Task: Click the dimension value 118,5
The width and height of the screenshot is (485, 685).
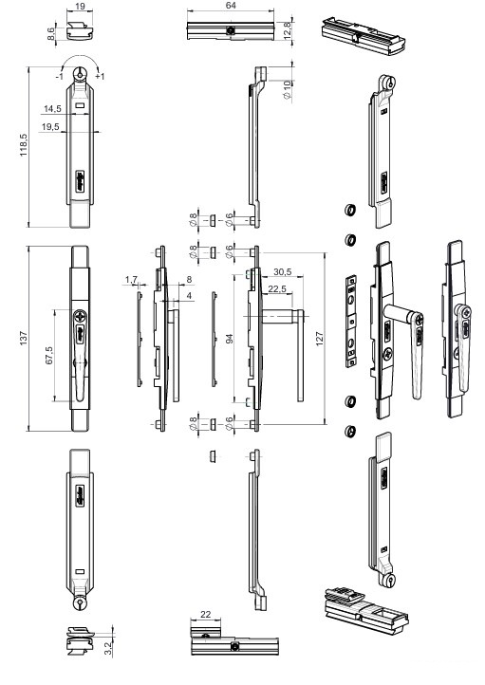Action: pyautogui.click(x=24, y=145)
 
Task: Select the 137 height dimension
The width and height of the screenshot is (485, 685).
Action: pyautogui.click(x=24, y=338)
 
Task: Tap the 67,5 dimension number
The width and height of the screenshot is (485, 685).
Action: pyautogui.click(x=49, y=356)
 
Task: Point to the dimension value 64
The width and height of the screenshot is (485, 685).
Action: pyautogui.click(x=231, y=6)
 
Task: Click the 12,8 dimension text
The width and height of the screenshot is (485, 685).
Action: pyautogui.click(x=287, y=30)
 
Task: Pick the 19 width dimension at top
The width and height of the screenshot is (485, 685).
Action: pyautogui.click(x=80, y=7)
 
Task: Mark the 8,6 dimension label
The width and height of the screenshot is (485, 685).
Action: pyautogui.click(x=51, y=33)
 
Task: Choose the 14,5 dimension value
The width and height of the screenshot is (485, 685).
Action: pyautogui.click(x=52, y=109)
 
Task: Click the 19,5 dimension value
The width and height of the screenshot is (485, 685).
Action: pyautogui.click(x=50, y=127)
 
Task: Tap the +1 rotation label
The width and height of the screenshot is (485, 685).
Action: pyautogui.click(x=100, y=77)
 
